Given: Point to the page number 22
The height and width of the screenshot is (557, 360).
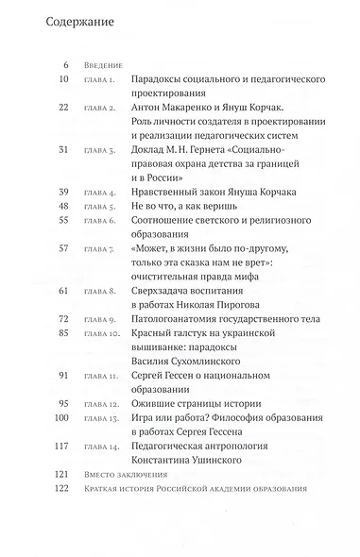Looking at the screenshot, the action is coord(63,135).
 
